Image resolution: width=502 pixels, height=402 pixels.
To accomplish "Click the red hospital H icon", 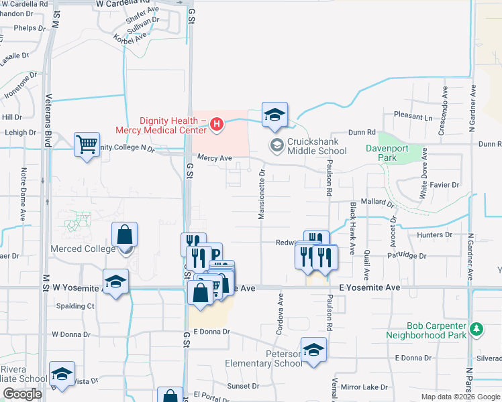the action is point(216,123).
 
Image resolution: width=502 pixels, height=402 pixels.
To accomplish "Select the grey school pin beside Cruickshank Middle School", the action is point(277,145).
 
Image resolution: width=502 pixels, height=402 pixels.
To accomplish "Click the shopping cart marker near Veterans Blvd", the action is point(87,143).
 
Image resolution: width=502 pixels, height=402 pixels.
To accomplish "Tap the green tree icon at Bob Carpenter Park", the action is point(476,329).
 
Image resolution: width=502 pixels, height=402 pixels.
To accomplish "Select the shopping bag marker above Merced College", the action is point(125,234).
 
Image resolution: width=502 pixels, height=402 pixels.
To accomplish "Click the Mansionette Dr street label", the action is point(262,194).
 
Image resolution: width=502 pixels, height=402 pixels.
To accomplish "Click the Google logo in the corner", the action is point(22,394).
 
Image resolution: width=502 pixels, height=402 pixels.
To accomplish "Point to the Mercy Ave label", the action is point(214,158).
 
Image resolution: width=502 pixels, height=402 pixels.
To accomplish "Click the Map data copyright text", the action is point(460,397).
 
